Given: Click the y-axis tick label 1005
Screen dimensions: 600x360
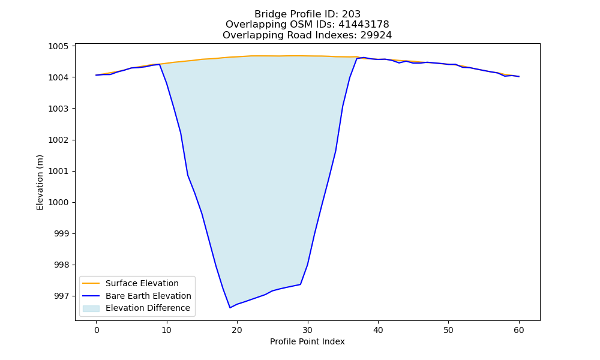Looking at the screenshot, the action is pyautogui.click(x=58, y=46).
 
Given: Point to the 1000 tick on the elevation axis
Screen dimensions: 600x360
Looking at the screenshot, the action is pyautogui.click(x=58, y=202).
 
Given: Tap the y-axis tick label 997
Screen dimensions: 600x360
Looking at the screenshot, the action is pyautogui.click(x=61, y=296).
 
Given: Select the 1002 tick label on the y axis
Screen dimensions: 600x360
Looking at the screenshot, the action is pyautogui.click(x=58, y=140).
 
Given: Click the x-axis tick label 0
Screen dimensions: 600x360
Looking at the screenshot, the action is pyautogui.click(x=96, y=330).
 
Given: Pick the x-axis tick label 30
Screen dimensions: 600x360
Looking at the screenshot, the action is pyautogui.click(x=308, y=330).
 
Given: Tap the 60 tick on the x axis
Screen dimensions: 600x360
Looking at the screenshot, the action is pyautogui.click(x=519, y=330).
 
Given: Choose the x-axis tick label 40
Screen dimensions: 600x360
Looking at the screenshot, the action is pyautogui.click(x=378, y=330).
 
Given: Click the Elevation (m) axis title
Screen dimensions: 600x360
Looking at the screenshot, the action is pyautogui.click(x=40, y=182).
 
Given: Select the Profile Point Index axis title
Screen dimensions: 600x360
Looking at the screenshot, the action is pyautogui.click(x=307, y=341).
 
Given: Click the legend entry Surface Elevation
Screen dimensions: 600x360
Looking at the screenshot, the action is pyautogui.click(x=130, y=283).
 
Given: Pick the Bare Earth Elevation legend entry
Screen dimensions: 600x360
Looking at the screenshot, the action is pyautogui.click(x=136, y=296).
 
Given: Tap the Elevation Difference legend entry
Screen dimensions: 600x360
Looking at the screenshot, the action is pyautogui.click(x=136, y=308).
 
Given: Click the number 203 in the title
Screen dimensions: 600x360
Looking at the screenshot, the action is pyautogui.click(x=351, y=14).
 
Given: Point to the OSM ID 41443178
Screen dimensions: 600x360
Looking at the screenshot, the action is pyautogui.click(x=364, y=25).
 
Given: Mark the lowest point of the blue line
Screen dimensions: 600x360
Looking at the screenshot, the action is pyautogui.click(x=230, y=308).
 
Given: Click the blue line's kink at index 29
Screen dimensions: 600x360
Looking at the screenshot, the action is pyautogui.click(x=301, y=284).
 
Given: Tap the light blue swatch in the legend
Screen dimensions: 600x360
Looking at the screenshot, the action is pyautogui.click(x=91, y=308).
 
